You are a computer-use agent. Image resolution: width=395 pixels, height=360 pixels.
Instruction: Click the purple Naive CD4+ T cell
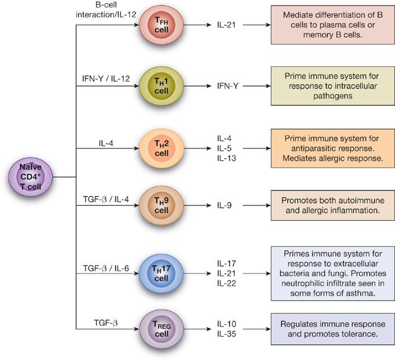30,177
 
